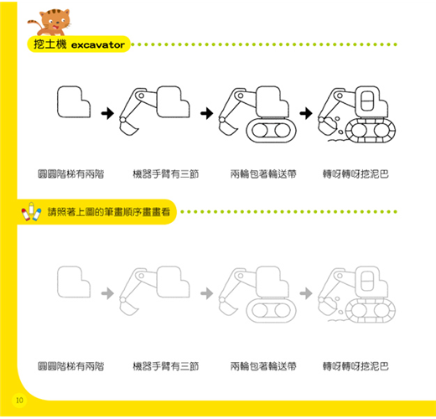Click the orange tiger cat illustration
coord(50,23)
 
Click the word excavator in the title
coord(98,44)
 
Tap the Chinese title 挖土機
coord(50,44)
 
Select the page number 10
coord(19,401)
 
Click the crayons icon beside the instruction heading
coord(31,211)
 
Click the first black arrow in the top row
coord(107,113)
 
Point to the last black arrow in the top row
coord(306,113)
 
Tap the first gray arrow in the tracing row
coord(107,293)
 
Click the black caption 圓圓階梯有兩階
coord(71,174)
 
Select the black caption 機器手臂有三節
coord(166,174)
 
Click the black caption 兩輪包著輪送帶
coord(263,174)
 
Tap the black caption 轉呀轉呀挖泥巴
coord(356,174)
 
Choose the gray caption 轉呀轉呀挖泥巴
coord(356,366)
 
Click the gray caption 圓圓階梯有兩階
coord(71,366)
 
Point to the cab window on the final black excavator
coord(367,101)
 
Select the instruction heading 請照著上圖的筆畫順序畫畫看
coord(109,212)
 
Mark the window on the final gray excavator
coord(367,281)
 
